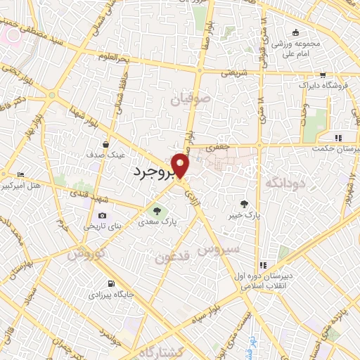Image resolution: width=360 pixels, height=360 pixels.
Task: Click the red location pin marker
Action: tap(181, 165)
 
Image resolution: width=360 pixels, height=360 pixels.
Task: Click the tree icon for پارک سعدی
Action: tap(157, 210)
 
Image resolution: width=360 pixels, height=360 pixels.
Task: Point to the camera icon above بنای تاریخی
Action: tap(103, 215)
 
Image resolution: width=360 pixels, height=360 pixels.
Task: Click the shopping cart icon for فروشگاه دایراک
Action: tap(322, 75)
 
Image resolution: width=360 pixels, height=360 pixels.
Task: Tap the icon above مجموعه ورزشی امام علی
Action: tap(296, 32)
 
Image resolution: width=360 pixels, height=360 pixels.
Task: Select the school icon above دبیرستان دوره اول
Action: tap(262, 265)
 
